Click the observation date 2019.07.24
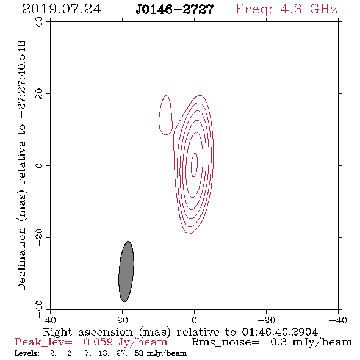pyautogui.click(x=62, y=9)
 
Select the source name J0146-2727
pyautogui.click(x=175, y=10)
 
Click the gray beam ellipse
pyautogui.click(x=126, y=272)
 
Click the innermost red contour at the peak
pyautogui.click(x=195, y=165)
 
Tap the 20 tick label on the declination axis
pyautogui.click(x=39, y=94)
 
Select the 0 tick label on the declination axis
pyautogui.click(x=39, y=165)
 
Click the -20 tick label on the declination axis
pyautogui.click(x=39, y=237)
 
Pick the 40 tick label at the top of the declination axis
pyautogui.click(x=39, y=22)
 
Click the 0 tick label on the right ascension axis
pyautogui.click(x=194, y=320)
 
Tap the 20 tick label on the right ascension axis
pyautogui.click(x=123, y=320)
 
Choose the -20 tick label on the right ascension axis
pyautogui.click(x=266, y=320)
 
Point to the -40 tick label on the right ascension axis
pyautogui.click(x=338, y=320)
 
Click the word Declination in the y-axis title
pyautogui.click(x=21, y=259)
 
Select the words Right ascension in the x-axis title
pyautogui.click(x=88, y=332)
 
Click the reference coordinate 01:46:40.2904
pyautogui.click(x=280, y=332)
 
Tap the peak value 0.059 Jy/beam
pyautogui.click(x=126, y=342)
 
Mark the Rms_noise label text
pyautogui.click(x=225, y=342)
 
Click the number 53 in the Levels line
pyautogui.click(x=139, y=353)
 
